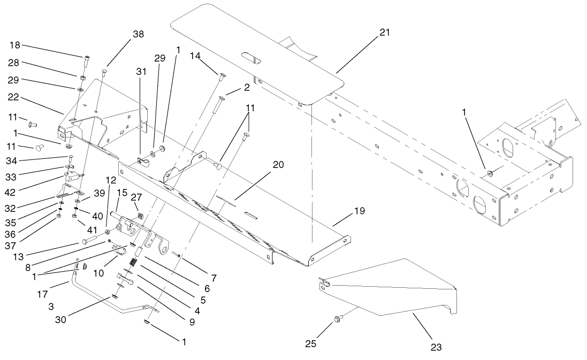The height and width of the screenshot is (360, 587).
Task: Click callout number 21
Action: click(385, 33)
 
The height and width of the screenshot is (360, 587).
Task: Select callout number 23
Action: click(436, 347)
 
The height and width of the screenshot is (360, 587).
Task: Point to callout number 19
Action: click(360, 211)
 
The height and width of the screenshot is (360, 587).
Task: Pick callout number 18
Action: click(14, 45)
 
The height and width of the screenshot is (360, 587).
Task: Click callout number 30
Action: click(63, 320)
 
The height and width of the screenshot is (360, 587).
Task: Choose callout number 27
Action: click(136, 196)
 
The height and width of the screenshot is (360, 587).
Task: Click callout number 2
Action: click(246, 86)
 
